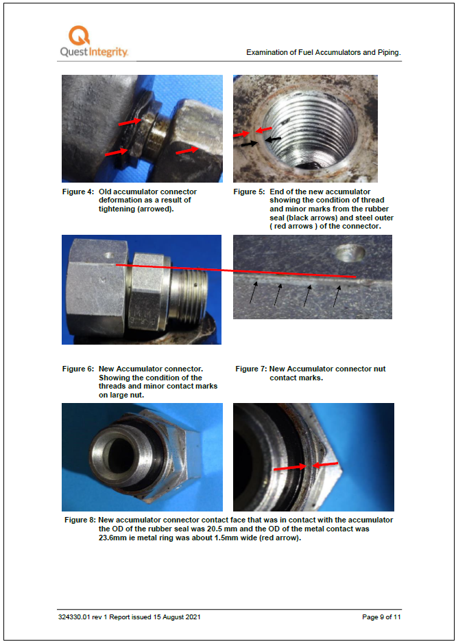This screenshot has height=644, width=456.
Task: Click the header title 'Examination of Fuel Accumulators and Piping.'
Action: pos(323,52)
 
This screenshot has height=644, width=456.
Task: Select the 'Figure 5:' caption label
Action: pos(249,192)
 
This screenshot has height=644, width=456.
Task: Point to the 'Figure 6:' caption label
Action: pos(77,369)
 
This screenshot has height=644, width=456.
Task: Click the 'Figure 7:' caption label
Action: pos(251,369)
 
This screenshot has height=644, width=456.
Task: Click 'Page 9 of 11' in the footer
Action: pos(381,617)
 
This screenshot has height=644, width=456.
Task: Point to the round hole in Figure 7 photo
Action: pos(349,255)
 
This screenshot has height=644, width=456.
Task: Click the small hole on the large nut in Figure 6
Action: pos(108,257)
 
